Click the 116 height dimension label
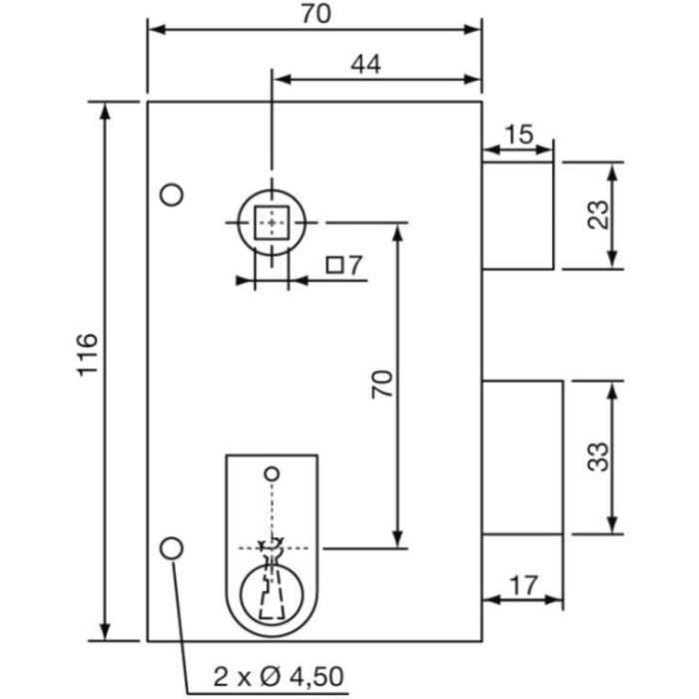pyautogui.click(x=88, y=353)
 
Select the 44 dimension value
pyautogui.click(x=365, y=64)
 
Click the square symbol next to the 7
pyautogui.click(x=337, y=266)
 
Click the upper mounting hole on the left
pyautogui.click(x=173, y=194)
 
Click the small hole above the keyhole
pyautogui.click(x=271, y=471)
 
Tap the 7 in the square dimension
pyautogui.click(x=354, y=266)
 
